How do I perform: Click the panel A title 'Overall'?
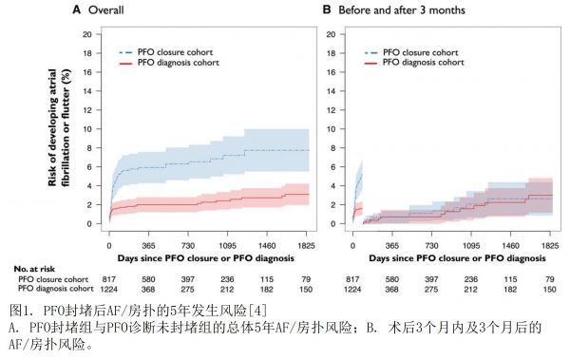point(106,9)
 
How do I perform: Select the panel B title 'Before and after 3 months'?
point(402,9)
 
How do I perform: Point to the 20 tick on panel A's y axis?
point(87,34)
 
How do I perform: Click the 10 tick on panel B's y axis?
point(331,129)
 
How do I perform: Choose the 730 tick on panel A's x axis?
point(188,246)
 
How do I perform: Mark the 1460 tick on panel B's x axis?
point(510,246)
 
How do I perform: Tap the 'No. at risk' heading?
point(34,269)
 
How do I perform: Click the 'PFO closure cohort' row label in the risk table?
point(53,279)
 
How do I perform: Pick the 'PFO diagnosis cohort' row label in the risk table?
point(56,289)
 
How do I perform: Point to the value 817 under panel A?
point(109,279)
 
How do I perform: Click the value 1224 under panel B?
point(352,289)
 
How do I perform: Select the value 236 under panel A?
point(227,279)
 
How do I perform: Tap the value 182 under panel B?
point(510,289)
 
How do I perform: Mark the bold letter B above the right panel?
point(327,9)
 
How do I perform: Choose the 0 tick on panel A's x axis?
point(109,246)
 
